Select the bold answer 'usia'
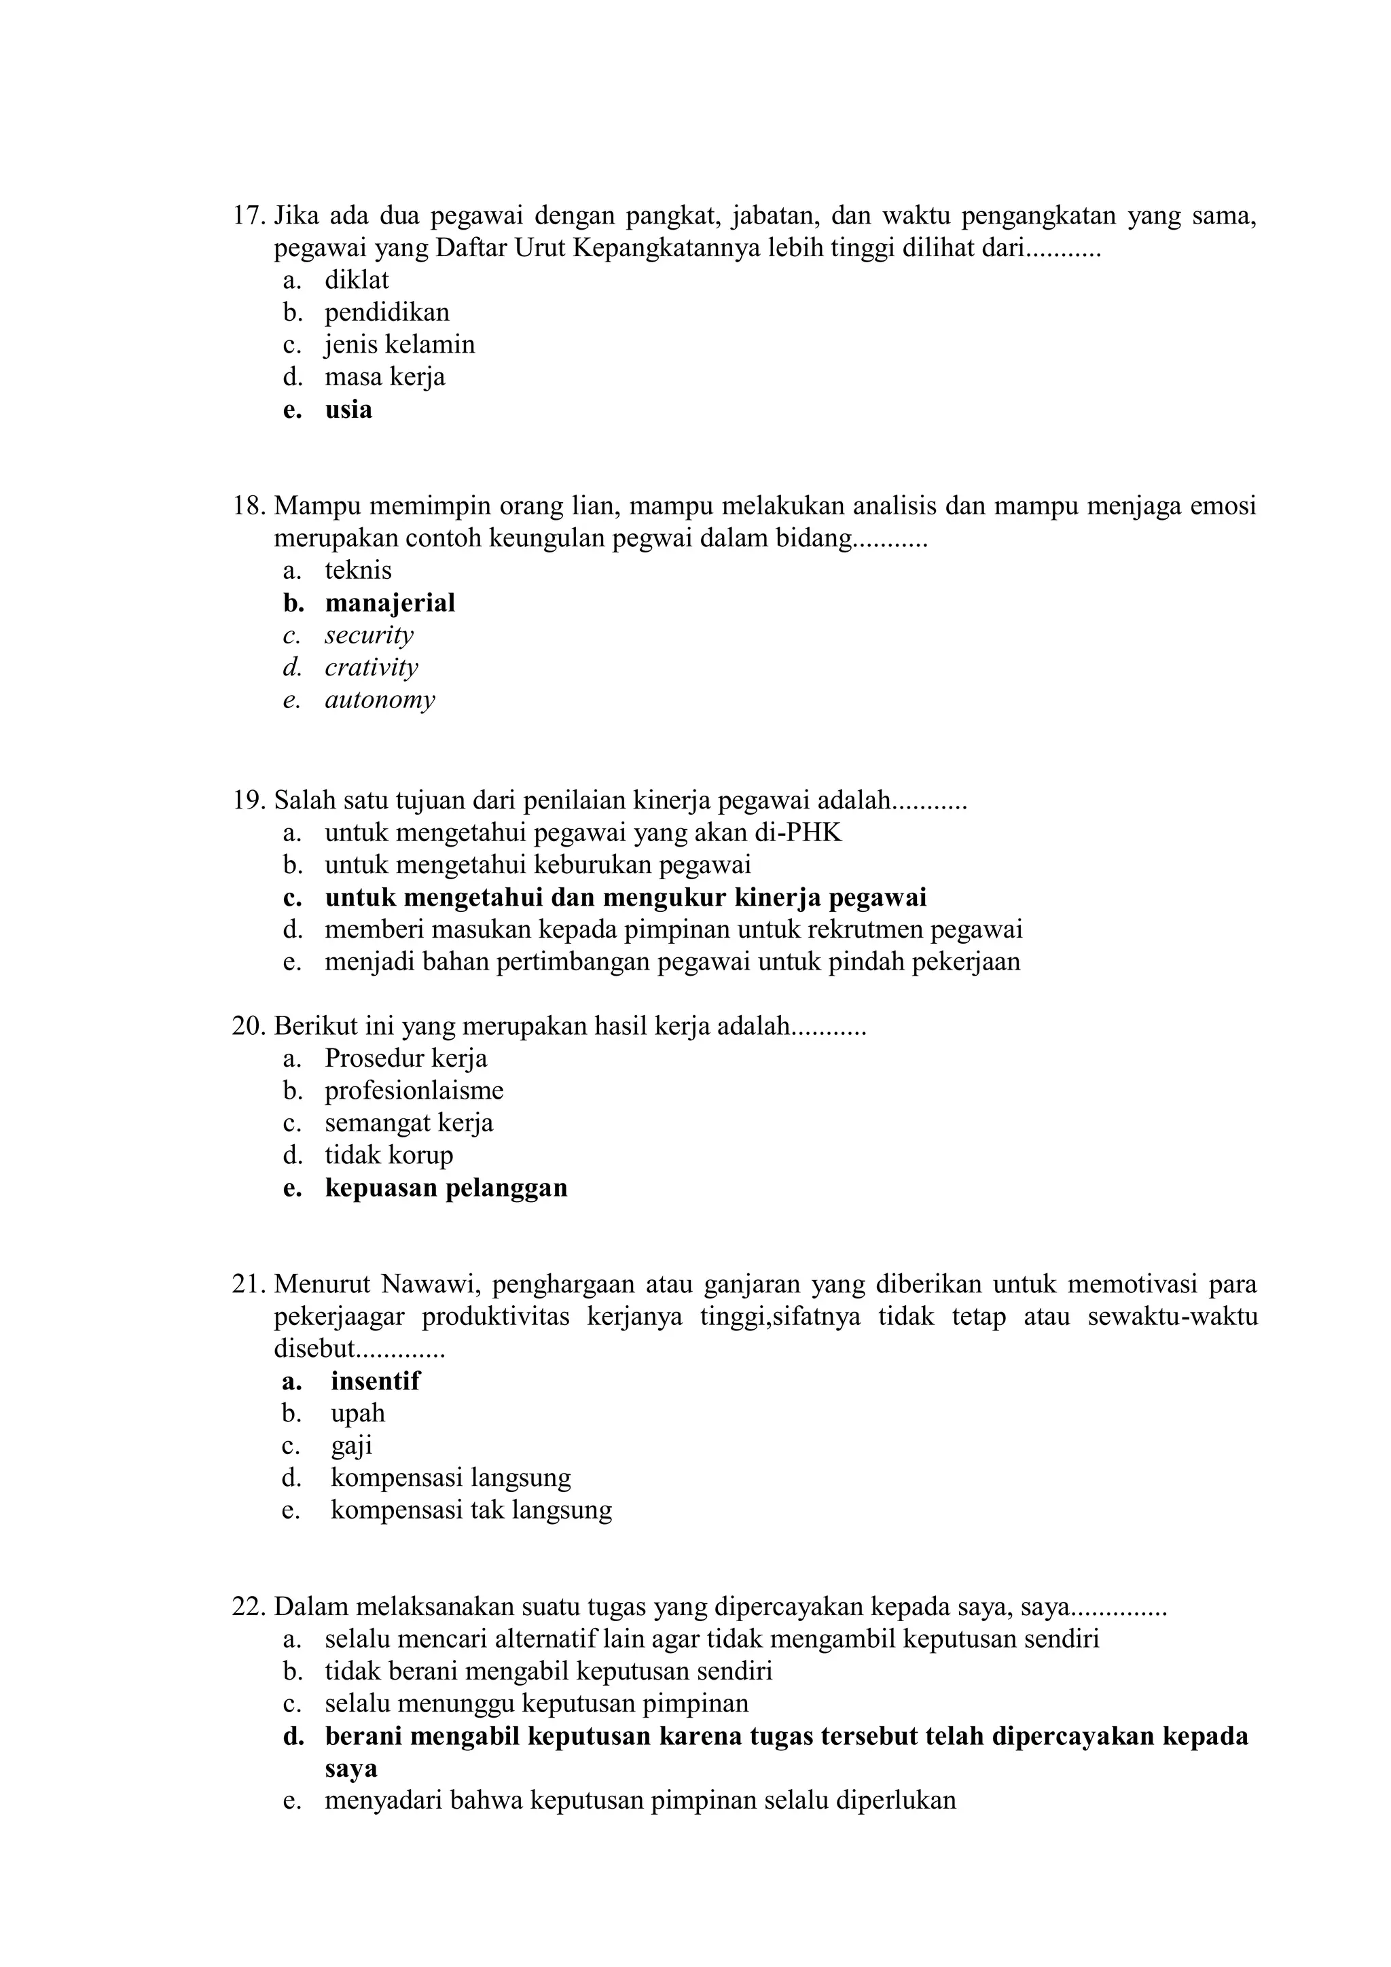(x=348, y=410)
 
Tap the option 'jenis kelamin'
(x=399, y=344)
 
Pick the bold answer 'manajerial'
(x=390, y=603)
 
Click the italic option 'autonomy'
(x=380, y=700)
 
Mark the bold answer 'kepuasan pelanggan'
(x=446, y=1188)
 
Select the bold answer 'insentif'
(x=375, y=1381)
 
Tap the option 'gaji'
(x=351, y=1446)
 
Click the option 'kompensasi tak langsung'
(x=471, y=1510)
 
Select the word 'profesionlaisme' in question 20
(x=414, y=1091)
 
